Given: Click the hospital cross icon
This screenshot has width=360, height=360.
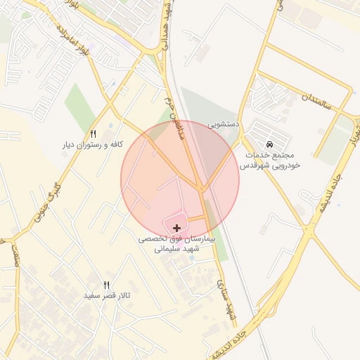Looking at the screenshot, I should click(x=176, y=227).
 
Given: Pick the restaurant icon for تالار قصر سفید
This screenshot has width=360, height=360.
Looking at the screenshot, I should click(x=107, y=285).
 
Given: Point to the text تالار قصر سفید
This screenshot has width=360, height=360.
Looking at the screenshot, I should click(x=108, y=295).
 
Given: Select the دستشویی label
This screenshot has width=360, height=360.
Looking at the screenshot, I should click(x=224, y=124).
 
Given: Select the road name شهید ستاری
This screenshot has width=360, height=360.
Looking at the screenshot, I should click(x=228, y=302).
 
